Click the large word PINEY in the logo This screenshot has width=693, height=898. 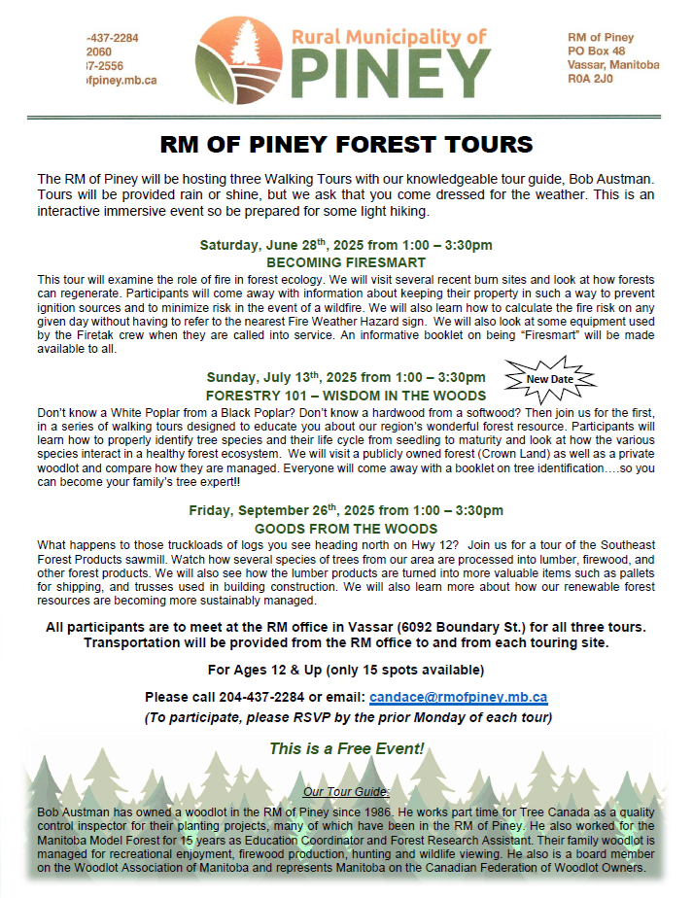(x=392, y=71)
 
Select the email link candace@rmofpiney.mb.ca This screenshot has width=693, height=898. (x=458, y=697)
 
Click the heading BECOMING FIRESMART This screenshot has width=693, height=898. (x=346, y=261)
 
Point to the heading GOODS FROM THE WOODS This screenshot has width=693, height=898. (x=346, y=529)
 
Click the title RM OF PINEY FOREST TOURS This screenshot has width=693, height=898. (x=346, y=145)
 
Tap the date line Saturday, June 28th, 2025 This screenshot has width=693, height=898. (x=346, y=244)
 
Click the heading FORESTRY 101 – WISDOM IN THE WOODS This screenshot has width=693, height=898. (x=346, y=396)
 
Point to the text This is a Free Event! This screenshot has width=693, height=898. (x=346, y=748)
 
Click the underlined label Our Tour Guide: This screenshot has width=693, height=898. (x=346, y=792)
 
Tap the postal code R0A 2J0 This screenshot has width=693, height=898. (x=590, y=80)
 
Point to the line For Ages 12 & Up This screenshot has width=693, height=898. (x=346, y=671)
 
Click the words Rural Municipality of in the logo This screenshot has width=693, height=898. (x=389, y=37)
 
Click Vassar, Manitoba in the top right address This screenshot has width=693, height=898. (x=613, y=65)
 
